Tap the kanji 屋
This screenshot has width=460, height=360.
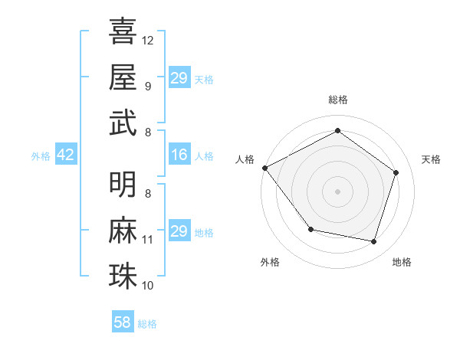(123, 77)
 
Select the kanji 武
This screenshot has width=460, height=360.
(123, 123)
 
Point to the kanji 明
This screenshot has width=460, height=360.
(123, 184)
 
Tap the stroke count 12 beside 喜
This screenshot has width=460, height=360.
(148, 40)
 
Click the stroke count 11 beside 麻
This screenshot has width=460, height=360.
(148, 240)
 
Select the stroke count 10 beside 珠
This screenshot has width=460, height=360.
(148, 286)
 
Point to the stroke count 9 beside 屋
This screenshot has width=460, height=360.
(148, 86)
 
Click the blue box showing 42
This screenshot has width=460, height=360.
(65, 155)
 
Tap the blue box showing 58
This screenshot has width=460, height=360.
(123, 322)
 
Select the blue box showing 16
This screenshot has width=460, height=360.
(179, 155)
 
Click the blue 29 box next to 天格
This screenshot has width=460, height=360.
(179, 78)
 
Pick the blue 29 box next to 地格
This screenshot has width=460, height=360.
(179, 231)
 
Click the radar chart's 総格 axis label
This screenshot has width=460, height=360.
(337, 100)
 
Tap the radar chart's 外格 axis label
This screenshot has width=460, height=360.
(270, 263)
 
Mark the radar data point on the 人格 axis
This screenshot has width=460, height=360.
(264, 168)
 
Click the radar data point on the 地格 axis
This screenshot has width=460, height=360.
(373, 241)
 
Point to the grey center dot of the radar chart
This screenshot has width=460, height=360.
(337, 191)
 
